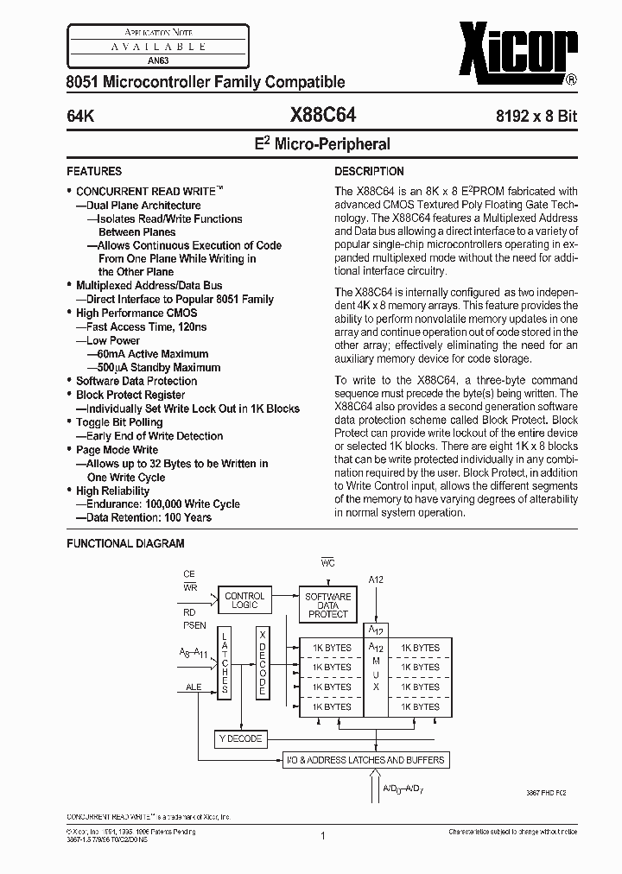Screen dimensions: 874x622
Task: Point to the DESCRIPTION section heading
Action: pyautogui.click(x=369, y=171)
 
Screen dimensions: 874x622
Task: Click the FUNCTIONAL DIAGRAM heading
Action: pyautogui.click(x=126, y=543)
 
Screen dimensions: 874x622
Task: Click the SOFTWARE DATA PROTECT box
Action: pyautogui.click(x=328, y=605)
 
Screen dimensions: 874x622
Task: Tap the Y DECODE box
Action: pyautogui.click(x=241, y=738)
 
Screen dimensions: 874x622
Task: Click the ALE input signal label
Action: pyautogui.click(x=193, y=688)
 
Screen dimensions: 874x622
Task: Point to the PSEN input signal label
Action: pyautogui.click(x=194, y=624)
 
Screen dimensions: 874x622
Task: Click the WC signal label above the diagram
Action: pyautogui.click(x=327, y=562)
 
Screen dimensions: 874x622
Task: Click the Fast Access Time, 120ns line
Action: pyautogui.click(x=147, y=326)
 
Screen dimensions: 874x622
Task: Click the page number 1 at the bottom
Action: pyautogui.click(x=321, y=835)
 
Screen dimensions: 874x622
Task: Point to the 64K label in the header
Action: pyautogui.click(x=82, y=114)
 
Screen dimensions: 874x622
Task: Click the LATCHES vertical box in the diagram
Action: pyautogui.click(x=225, y=662)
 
